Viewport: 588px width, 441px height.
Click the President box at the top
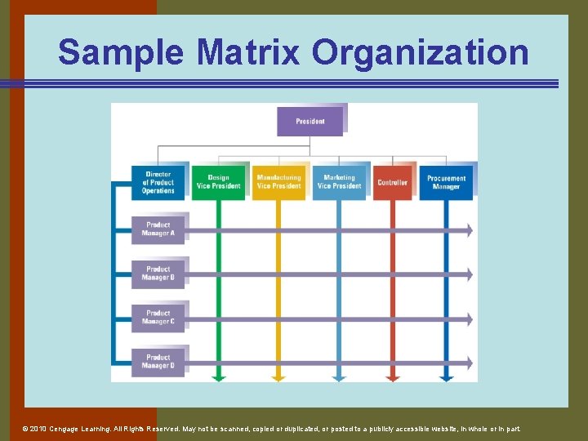(310, 122)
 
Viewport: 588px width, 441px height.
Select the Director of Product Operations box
(158, 182)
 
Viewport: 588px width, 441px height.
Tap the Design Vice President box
(218, 182)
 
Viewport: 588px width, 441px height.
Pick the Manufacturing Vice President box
(278, 182)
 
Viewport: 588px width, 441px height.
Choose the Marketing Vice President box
(339, 182)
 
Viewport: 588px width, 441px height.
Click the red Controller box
(393, 182)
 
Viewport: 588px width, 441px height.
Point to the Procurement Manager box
(446, 182)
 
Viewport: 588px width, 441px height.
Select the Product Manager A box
(158, 229)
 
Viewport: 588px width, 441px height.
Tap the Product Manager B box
(158, 274)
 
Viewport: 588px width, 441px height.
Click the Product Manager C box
(158, 318)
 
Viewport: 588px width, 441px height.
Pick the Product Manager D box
(158, 362)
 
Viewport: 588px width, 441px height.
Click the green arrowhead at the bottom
(218, 378)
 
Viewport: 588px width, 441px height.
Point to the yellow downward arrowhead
(278, 378)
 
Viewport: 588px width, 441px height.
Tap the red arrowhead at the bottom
(393, 378)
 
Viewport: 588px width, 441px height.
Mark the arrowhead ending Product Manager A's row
(470, 230)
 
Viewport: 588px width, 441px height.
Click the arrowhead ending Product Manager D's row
(470, 363)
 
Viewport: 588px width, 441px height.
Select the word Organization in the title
(421, 53)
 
